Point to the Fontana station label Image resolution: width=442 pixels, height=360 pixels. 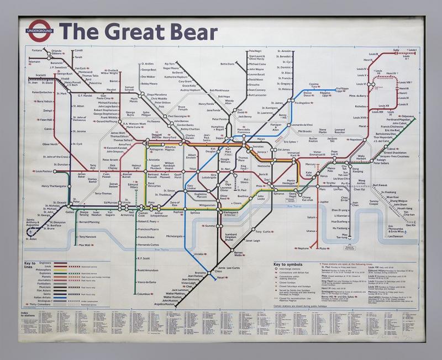[x=38, y=51]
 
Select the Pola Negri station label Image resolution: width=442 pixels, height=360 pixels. [x=257, y=51]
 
